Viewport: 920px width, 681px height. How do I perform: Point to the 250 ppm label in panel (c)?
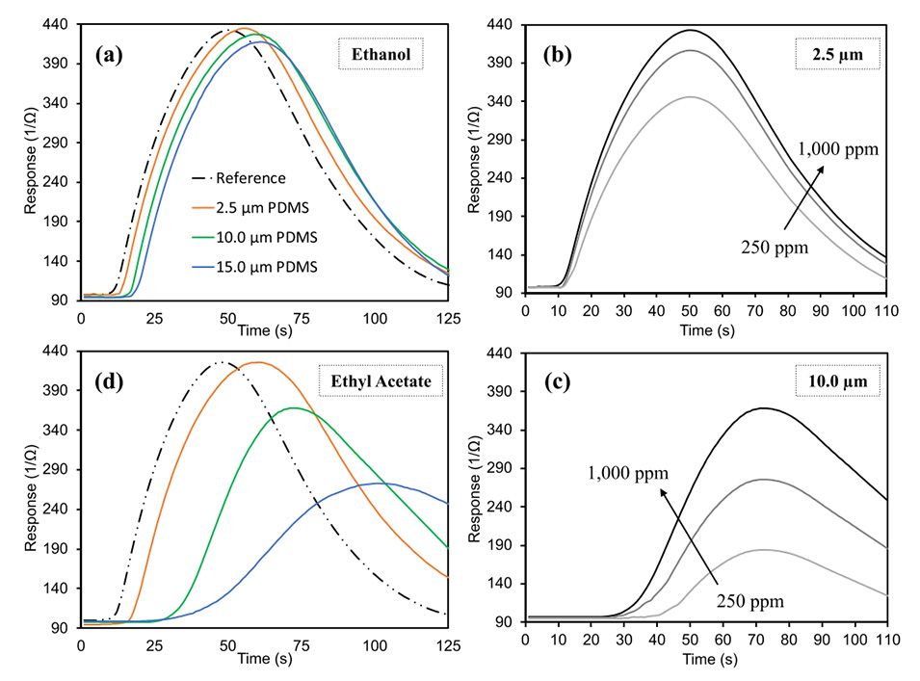click(x=750, y=601)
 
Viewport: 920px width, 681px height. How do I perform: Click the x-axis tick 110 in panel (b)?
click(x=885, y=311)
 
